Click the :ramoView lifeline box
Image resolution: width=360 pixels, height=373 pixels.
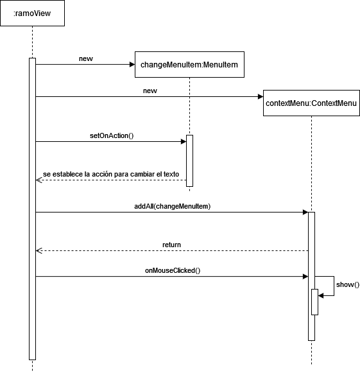tap(32, 13)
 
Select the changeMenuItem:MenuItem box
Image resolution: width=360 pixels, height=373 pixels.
tap(189, 64)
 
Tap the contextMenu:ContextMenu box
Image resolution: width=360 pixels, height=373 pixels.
tap(311, 103)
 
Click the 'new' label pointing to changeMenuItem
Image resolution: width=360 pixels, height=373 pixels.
tap(86, 59)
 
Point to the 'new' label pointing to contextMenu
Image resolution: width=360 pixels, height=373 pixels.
tap(150, 91)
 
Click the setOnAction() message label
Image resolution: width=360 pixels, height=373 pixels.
tap(112, 135)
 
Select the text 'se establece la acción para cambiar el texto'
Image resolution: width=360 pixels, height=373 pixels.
tap(111, 174)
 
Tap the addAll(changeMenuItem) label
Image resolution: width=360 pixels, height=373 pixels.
tap(173, 206)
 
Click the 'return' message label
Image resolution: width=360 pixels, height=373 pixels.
tap(171, 245)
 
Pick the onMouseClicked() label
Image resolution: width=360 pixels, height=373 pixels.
tap(173, 270)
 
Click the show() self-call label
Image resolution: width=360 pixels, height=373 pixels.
tap(348, 284)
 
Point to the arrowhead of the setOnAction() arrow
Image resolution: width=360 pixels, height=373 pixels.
tap(184, 142)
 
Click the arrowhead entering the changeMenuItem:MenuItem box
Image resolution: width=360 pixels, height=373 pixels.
tap(132, 64)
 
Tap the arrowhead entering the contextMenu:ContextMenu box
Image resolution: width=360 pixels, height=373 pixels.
tap(261, 96)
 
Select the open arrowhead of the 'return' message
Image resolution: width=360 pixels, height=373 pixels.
tap(39, 251)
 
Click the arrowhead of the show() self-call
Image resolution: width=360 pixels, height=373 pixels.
tap(321, 296)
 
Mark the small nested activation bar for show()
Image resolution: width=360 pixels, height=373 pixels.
tap(314, 302)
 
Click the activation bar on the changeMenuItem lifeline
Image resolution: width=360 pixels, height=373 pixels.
tap(189, 160)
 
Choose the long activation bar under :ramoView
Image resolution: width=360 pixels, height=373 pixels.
tap(32, 209)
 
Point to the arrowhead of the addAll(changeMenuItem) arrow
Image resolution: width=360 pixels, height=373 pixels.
tap(305, 213)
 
